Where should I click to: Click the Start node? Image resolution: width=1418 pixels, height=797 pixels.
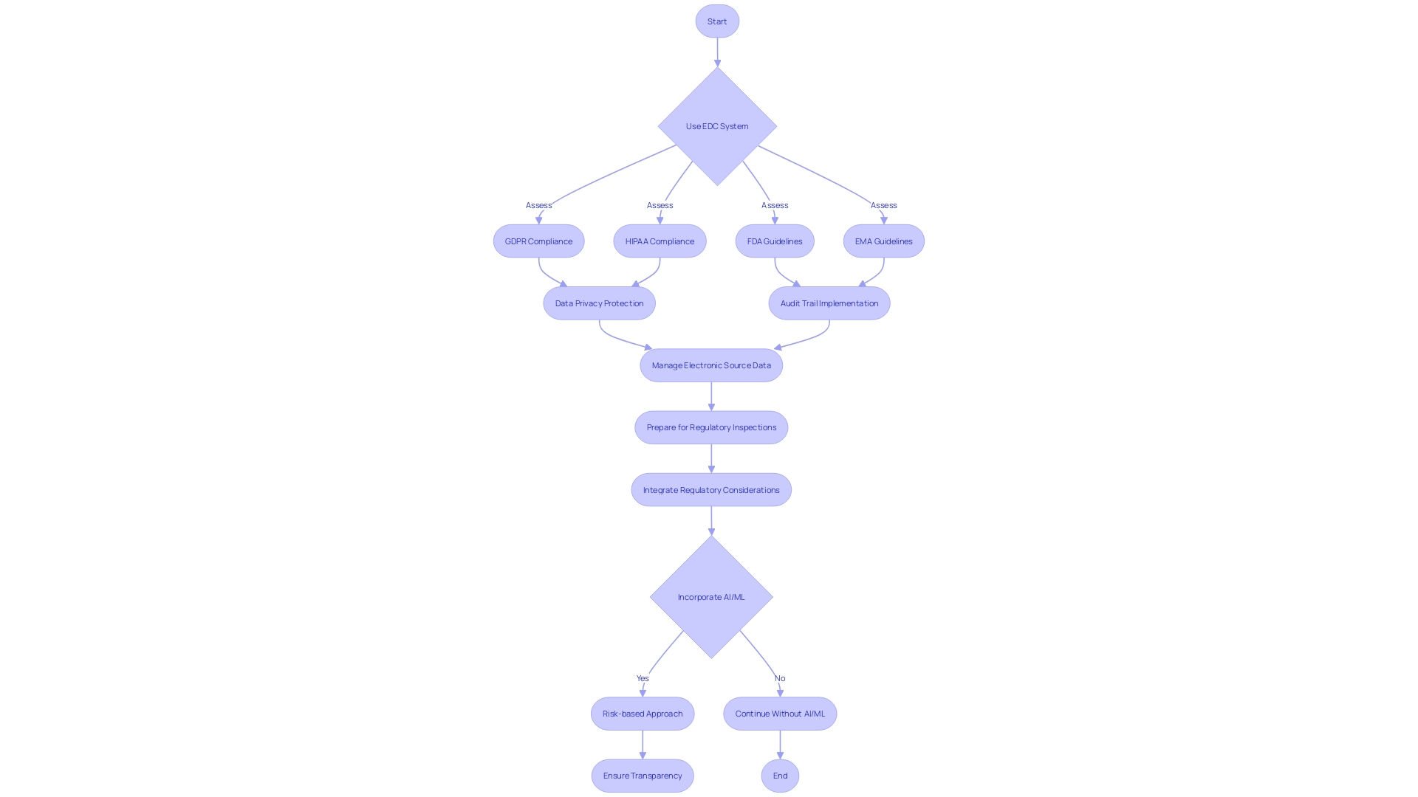[x=716, y=21]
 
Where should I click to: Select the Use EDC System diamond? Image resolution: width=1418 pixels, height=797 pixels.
[x=716, y=126]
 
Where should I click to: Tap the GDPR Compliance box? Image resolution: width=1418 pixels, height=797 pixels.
[x=538, y=241]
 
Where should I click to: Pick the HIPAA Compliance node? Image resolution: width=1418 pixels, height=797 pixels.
[x=660, y=241]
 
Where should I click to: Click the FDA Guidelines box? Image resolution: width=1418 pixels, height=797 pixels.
[x=774, y=241]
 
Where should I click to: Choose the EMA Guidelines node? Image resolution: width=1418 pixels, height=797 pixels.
[x=883, y=241]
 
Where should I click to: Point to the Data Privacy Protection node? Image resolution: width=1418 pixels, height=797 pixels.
[x=599, y=303]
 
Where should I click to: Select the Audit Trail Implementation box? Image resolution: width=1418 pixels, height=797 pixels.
[x=829, y=303]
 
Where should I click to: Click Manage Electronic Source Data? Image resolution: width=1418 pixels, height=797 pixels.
[x=711, y=365]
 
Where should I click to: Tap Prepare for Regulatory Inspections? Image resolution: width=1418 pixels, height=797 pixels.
[x=711, y=427]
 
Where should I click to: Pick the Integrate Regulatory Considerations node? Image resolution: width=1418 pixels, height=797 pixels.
[x=711, y=490]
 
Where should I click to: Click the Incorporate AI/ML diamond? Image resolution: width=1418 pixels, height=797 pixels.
[x=711, y=597]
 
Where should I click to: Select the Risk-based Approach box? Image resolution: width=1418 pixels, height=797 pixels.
[x=643, y=714]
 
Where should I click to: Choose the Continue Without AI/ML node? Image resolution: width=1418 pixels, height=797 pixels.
[x=780, y=714]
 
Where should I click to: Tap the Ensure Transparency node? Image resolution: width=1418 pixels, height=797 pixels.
[x=643, y=776]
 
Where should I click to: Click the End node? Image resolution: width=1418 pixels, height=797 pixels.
[x=780, y=776]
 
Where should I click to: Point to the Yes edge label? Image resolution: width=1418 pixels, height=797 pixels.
[x=643, y=678]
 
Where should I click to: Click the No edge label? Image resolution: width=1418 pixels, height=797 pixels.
[x=780, y=678]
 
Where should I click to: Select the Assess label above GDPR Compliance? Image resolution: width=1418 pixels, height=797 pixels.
[x=538, y=205]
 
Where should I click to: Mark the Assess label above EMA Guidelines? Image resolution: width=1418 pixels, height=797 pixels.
[x=883, y=205]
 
